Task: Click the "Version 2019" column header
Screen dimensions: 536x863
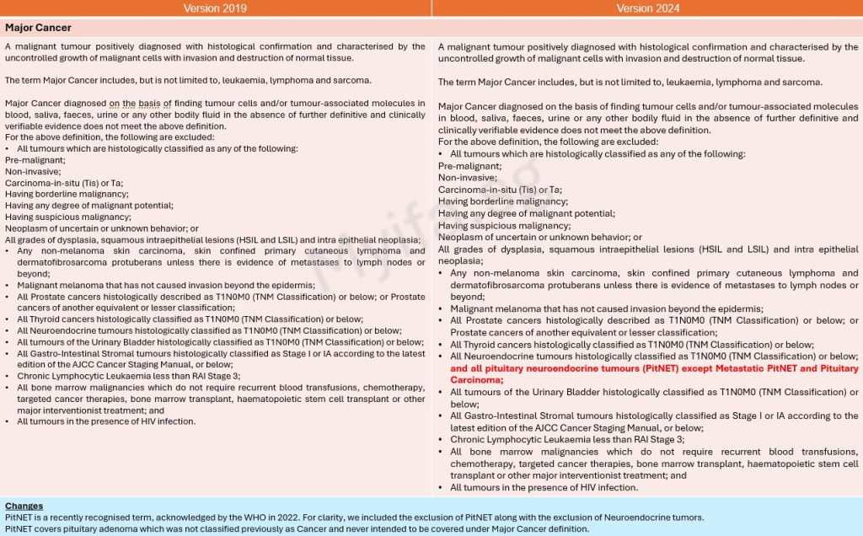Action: (x=216, y=8)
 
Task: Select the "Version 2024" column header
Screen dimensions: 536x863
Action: (x=647, y=8)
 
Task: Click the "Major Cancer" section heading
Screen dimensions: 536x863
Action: (x=38, y=28)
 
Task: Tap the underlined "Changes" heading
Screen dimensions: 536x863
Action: (x=24, y=506)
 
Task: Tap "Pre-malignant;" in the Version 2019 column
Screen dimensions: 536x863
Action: (x=35, y=159)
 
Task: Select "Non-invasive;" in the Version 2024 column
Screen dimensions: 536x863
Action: (x=466, y=178)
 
